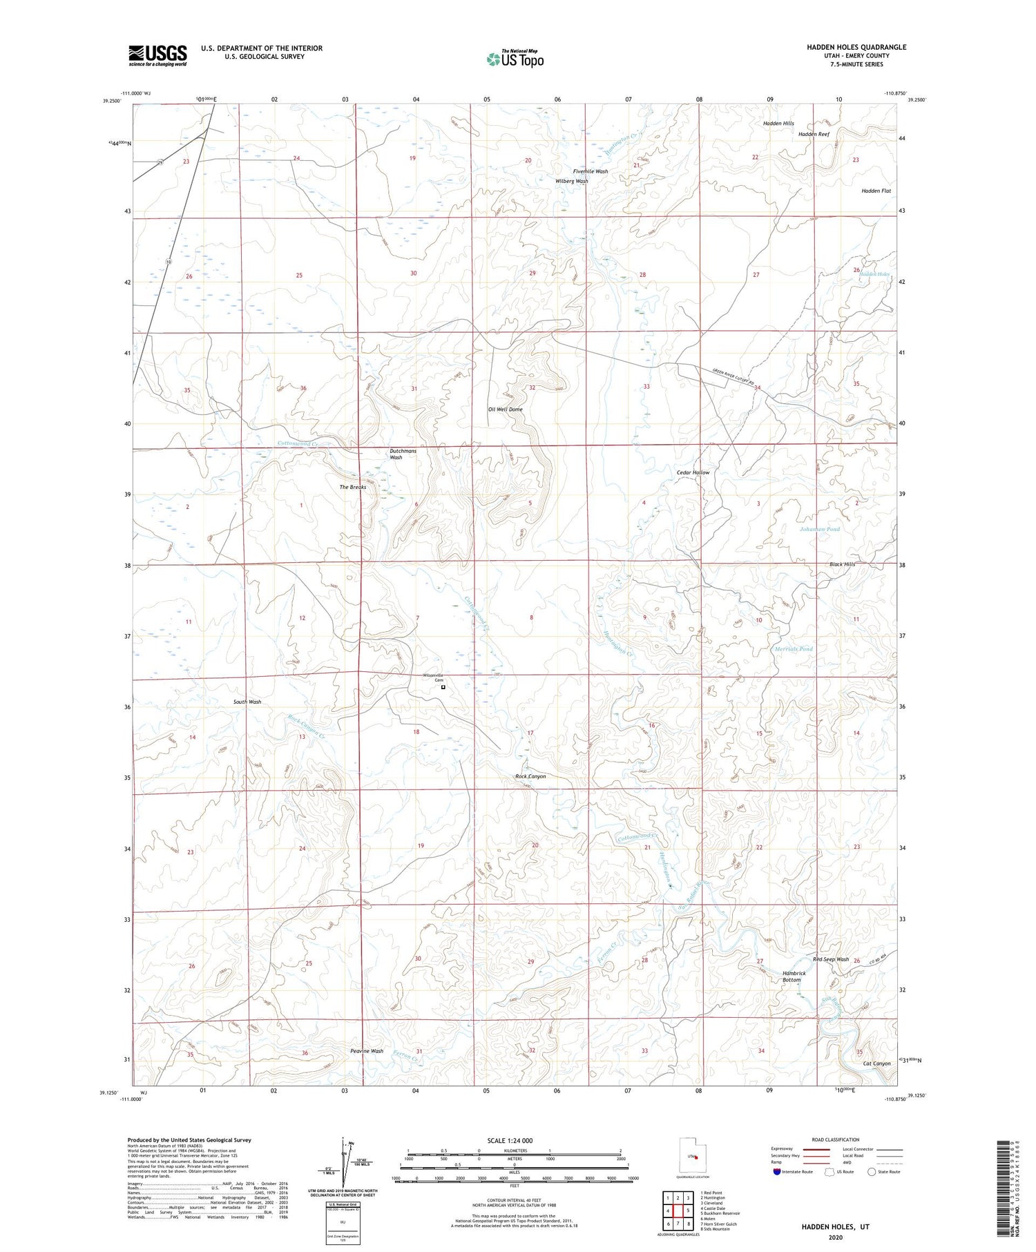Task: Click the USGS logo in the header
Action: tap(157, 55)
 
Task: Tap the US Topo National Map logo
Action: tap(515, 59)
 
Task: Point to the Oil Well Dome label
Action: tap(505, 410)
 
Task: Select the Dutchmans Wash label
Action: tap(403, 454)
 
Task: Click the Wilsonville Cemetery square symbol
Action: tap(443, 687)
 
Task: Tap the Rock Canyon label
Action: tap(530, 776)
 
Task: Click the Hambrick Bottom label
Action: tap(794, 976)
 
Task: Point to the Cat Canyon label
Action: tap(876, 1063)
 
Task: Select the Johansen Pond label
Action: tap(819, 529)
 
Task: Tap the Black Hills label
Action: tap(842, 564)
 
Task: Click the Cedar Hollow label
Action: tap(693, 472)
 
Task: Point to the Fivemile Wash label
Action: tap(590, 171)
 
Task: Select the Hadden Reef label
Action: tap(814, 134)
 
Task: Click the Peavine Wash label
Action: tap(366, 1051)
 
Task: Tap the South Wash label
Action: tap(247, 702)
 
